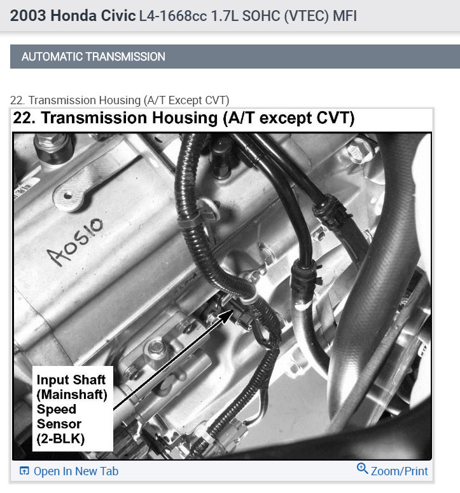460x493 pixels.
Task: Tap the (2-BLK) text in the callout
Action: pos(62,438)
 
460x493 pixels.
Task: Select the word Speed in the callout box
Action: pos(56,409)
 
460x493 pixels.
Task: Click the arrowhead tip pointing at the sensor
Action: pos(229,309)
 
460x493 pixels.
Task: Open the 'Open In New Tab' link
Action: pos(76,471)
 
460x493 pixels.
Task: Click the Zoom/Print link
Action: pos(400,471)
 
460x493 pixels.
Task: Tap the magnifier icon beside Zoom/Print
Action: pos(362,469)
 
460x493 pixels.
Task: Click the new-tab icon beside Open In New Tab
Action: pos(24,471)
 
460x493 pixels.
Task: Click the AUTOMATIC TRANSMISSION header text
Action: pos(93,57)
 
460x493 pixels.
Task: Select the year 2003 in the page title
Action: pos(27,16)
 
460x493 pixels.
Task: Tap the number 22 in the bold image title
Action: pos(24,118)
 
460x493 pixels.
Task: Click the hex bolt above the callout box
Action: pos(155,348)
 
